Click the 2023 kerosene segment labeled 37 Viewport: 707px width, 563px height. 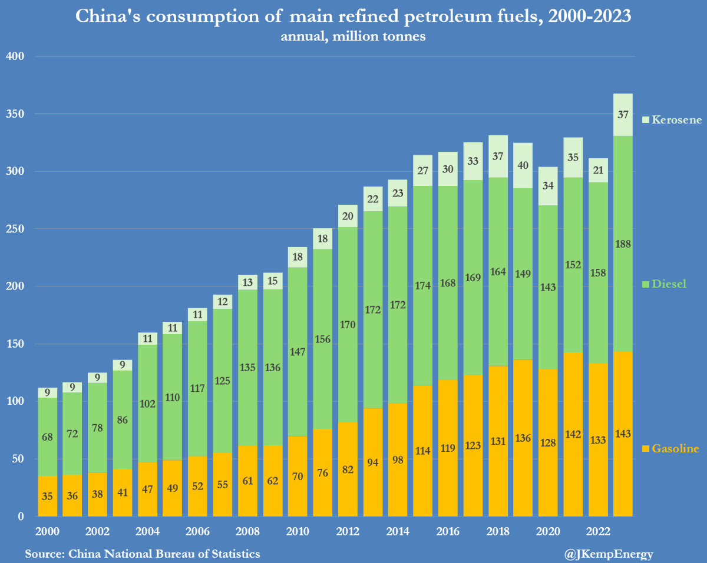coord(623,115)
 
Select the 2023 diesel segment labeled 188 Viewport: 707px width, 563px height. coord(623,244)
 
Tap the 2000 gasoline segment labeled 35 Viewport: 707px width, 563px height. coord(48,496)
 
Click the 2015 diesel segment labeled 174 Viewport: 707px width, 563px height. coord(422,285)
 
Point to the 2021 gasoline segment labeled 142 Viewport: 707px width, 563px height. coord(573,434)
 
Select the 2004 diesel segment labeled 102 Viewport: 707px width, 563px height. coord(148,404)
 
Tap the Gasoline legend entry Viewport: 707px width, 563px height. coord(670,449)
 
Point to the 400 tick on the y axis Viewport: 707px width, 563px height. coord(14,56)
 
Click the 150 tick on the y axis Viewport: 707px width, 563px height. coord(14,344)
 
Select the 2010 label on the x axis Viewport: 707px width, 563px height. coord(298,532)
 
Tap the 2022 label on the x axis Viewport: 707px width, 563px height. coord(598,532)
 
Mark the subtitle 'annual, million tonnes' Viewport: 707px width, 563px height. coord(353,36)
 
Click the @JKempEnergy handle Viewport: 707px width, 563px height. coord(609,554)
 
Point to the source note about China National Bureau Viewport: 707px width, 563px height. coord(143,554)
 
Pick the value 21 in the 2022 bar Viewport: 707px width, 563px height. coord(598,171)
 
